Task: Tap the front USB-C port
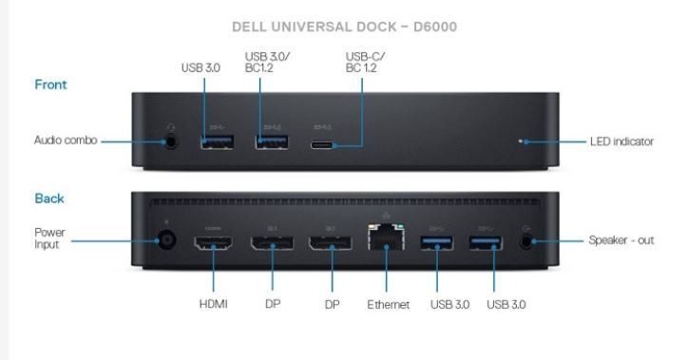pyautogui.click(x=324, y=145)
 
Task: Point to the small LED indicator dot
pyautogui.click(x=520, y=142)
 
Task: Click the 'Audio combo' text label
pyautogui.click(x=66, y=142)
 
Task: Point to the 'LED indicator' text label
pyautogui.click(x=621, y=142)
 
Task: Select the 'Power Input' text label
pyautogui.click(x=49, y=237)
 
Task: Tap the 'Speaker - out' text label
pyautogui.click(x=621, y=240)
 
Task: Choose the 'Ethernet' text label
pyautogui.click(x=388, y=305)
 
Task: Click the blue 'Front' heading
pyautogui.click(x=50, y=85)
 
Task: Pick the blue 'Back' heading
pyautogui.click(x=49, y=199)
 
